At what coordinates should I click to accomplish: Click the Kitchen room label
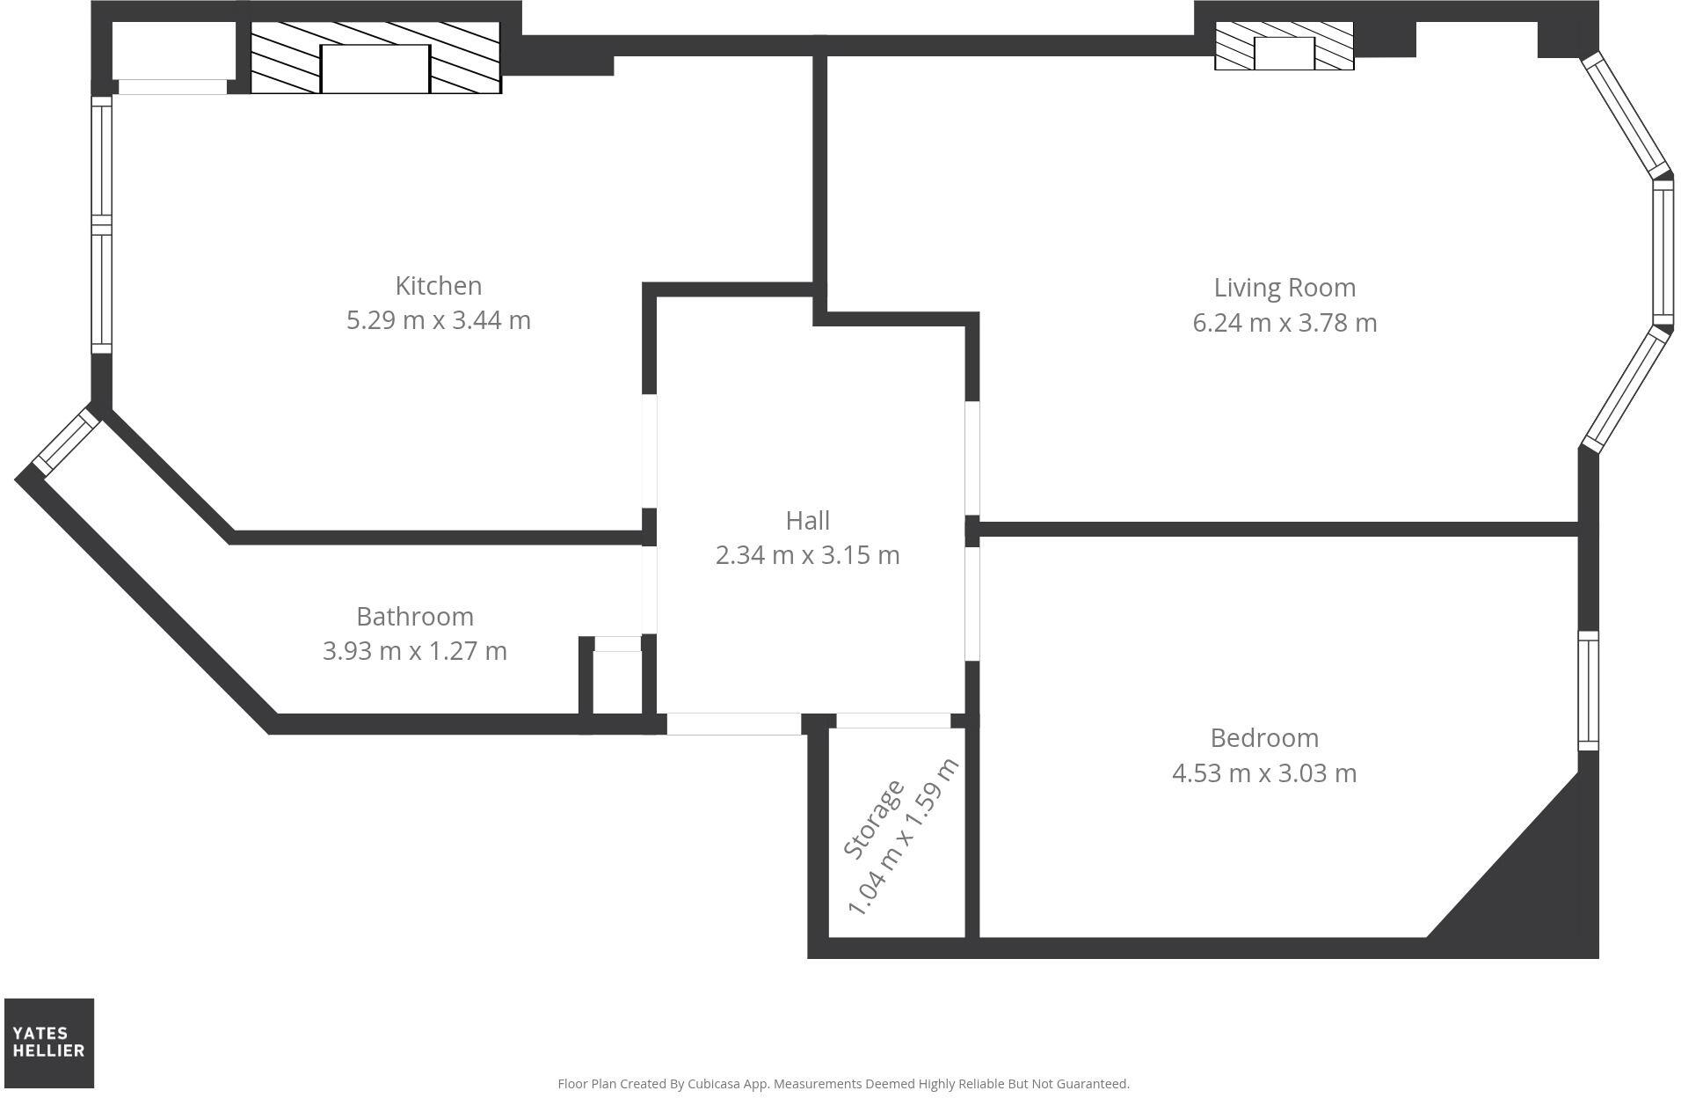[438, 286]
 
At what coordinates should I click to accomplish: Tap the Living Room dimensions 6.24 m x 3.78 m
[1284, 323]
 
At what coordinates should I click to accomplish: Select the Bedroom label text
[1263, 737]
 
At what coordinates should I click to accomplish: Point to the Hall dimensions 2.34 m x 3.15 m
[807, 555]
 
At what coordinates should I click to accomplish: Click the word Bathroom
[414, 616]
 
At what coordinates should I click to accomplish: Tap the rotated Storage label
[873, 819]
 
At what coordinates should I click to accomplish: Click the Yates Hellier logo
[49, 1043]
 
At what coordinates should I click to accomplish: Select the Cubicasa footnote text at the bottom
[842, 1084]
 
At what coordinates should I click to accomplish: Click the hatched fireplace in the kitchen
[375, 58]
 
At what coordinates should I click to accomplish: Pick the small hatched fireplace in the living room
[1284, 48]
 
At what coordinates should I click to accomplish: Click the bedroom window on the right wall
[1587, 691]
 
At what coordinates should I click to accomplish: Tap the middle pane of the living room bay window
[1662, 253]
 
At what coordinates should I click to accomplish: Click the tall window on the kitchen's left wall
[102, 224]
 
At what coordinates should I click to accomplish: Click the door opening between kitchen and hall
[650, 450]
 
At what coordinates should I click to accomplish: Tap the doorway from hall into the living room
[971, 458]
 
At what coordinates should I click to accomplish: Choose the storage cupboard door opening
[892, 721]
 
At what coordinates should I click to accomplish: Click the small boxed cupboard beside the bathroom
[617, 682]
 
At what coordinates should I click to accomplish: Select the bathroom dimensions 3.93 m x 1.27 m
[414, 651]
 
